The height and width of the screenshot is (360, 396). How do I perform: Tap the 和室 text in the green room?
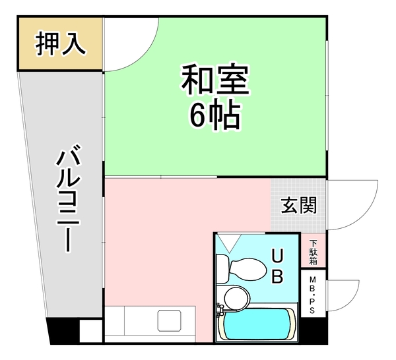click(214, 80)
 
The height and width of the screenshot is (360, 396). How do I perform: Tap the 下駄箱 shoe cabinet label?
click(313, 252)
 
